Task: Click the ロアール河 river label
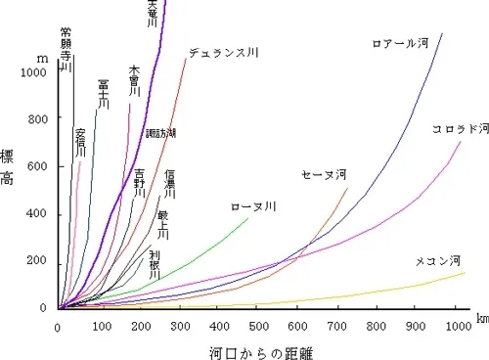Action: click(401, 43)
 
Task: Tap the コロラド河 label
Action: click(459, 129)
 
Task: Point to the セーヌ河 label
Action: click(324, 175)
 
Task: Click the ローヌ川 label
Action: click(253, 206)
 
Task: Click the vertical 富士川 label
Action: click(103, 97)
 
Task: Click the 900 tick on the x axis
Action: click(418, 327)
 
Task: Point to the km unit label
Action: click(482, 318)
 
